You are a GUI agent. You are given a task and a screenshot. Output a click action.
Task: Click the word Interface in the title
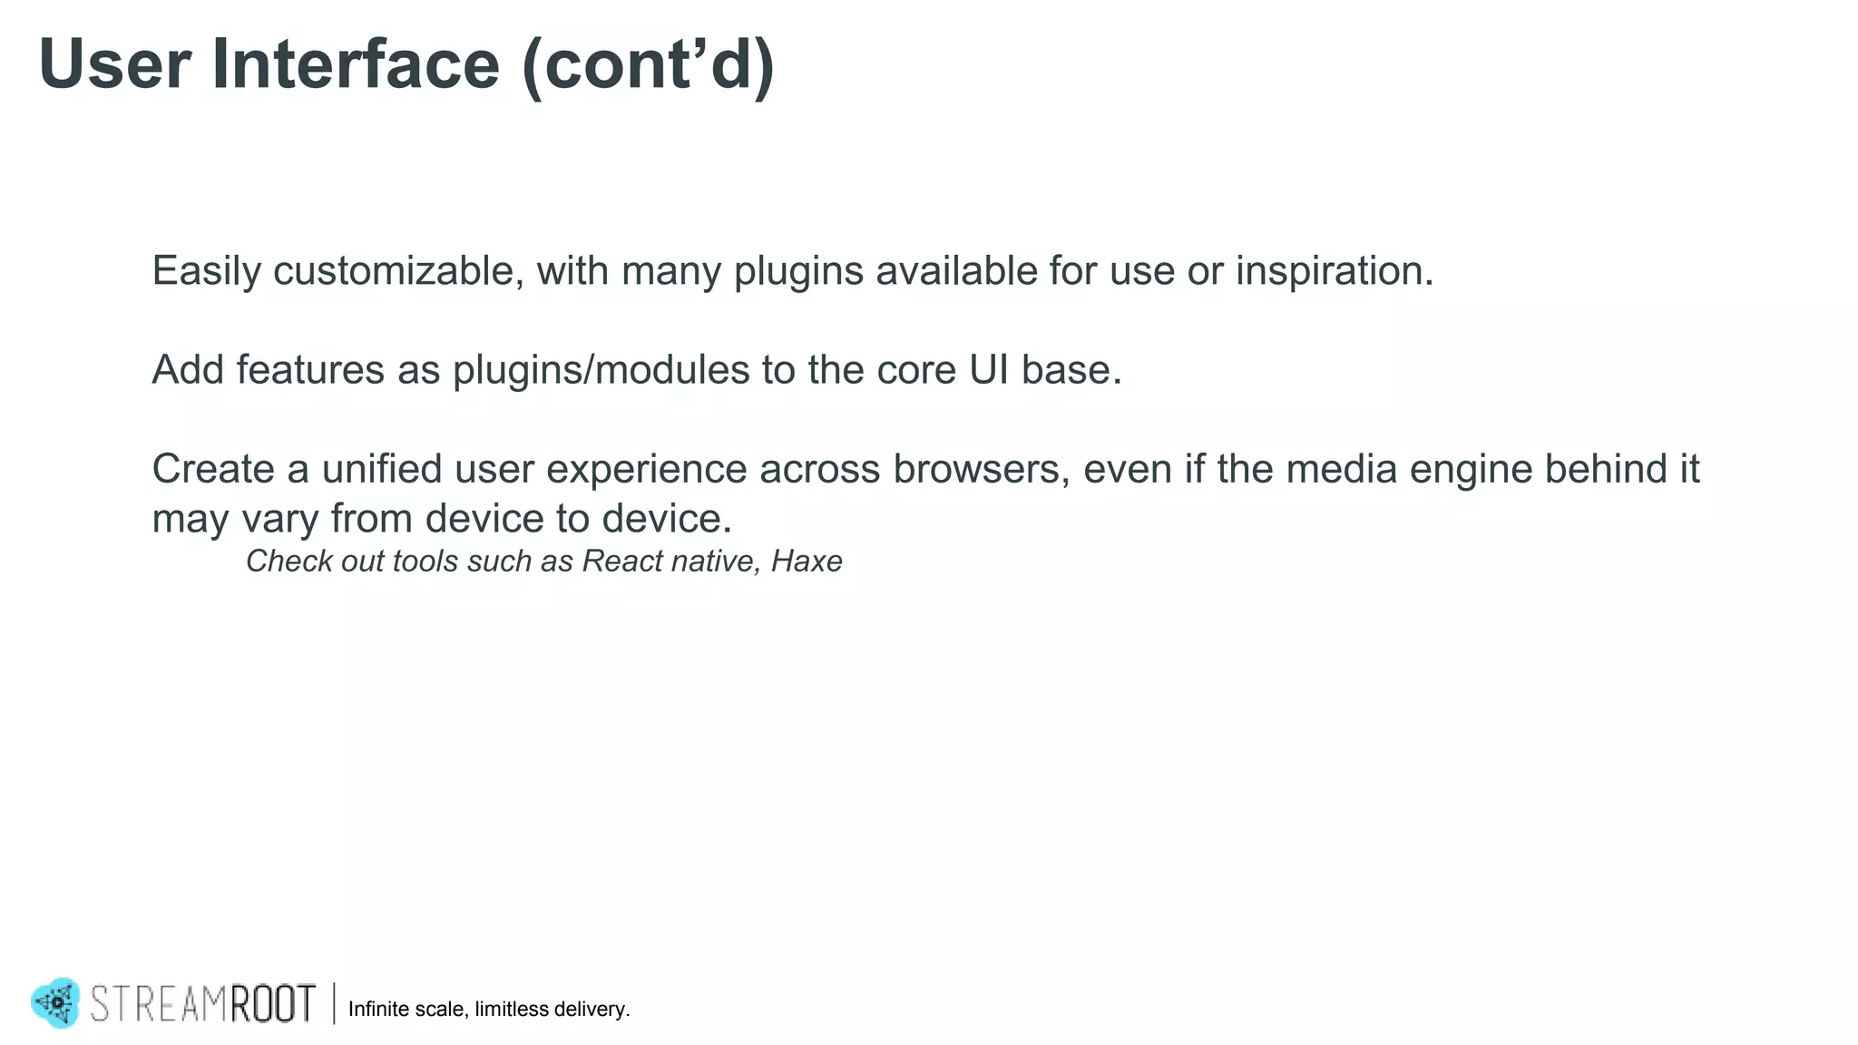[x=355, y=65]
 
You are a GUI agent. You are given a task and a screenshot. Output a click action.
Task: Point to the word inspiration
[x=1334, y=271]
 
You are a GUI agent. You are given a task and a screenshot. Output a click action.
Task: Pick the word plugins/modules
[x=601, y=370]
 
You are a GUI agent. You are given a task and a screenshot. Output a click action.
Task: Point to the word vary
[x=280, y=519]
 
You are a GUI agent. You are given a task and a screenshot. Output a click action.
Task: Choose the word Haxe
[x=807, y=562]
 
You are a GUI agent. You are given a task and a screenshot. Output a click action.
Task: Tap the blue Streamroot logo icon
[x=56, y=1002]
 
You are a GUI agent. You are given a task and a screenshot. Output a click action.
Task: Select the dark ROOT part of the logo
[x=272, y=1004]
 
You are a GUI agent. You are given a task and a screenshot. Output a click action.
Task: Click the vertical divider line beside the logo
[x=334, y=1003]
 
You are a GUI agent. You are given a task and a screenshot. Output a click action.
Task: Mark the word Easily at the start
[x=206, y=272]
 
